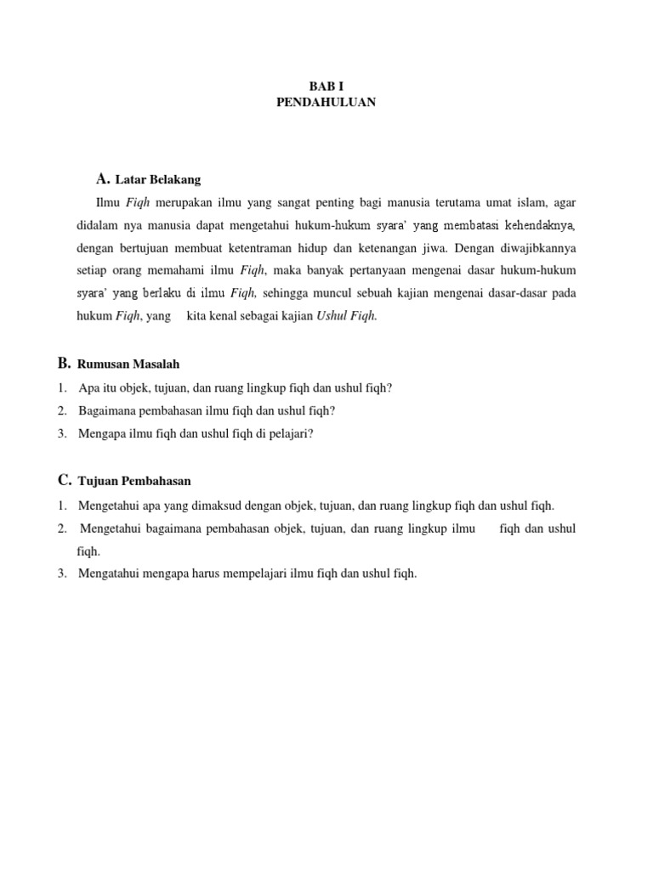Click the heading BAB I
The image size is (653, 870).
point(326,87)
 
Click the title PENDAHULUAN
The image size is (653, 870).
point(326,102)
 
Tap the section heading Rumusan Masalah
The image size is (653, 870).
point(128,364)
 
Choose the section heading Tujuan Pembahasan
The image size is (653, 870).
point(134,481)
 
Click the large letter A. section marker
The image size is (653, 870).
point(104,179)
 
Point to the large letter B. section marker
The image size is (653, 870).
point(65,364)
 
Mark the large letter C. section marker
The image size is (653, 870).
point(65,480)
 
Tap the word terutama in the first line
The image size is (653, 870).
point(461,203)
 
